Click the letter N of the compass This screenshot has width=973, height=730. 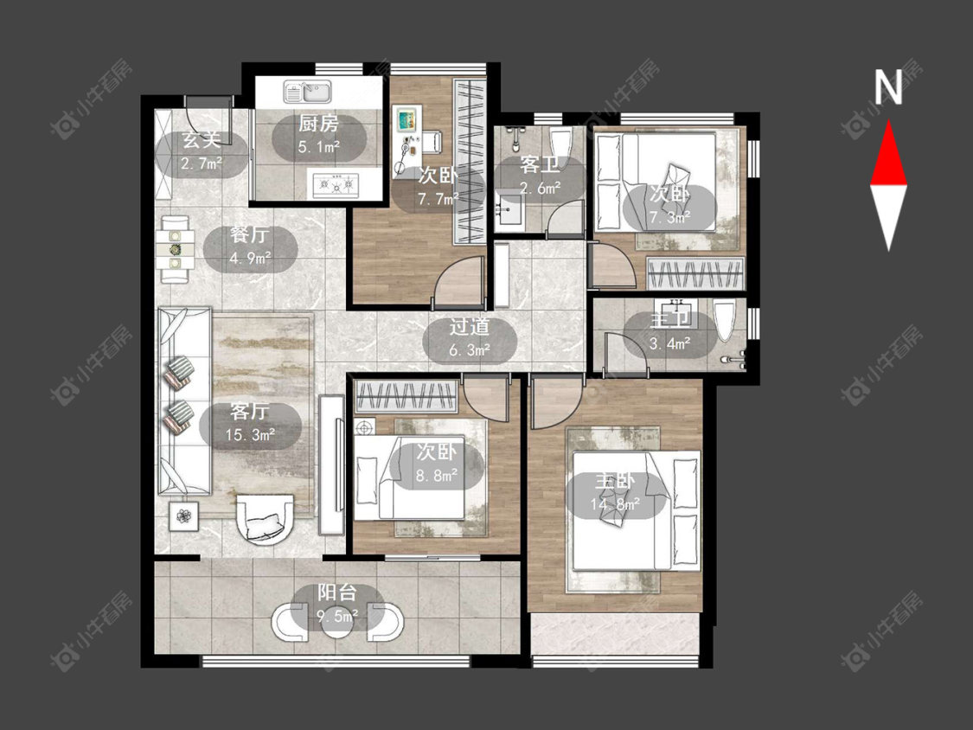(x=888, y=87)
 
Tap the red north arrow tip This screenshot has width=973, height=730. (x=888, y=121)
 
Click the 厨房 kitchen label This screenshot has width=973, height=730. (x=318, y=124)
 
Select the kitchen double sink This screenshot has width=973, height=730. (x=307, y=92)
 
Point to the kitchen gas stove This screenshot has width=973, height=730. (x=336, y=184)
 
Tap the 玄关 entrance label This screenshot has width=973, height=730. (x=201, y=140)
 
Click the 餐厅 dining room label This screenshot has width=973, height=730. (x=249, y=234)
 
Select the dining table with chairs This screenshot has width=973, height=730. (x=175, y=249)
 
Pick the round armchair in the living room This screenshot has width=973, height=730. (x=265, y=518)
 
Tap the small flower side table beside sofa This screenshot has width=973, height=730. (x=183, y=515)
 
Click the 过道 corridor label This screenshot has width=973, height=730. (x=470, y=327)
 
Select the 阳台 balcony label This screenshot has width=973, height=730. (x=337, y=592)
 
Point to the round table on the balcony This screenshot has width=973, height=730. (x=337, y=621)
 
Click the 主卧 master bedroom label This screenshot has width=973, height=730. (x=615, y=481)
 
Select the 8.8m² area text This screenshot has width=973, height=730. (x=437, y=475)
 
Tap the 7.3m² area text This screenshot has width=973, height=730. (x=670, y=217)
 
